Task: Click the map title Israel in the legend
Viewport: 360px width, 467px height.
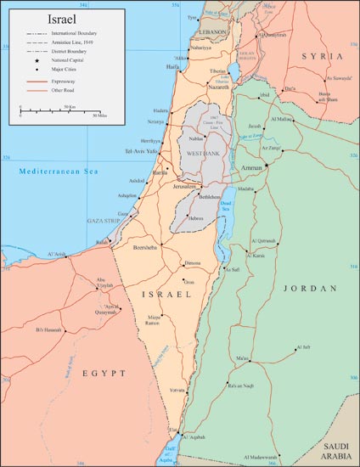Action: pos(35,18)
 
